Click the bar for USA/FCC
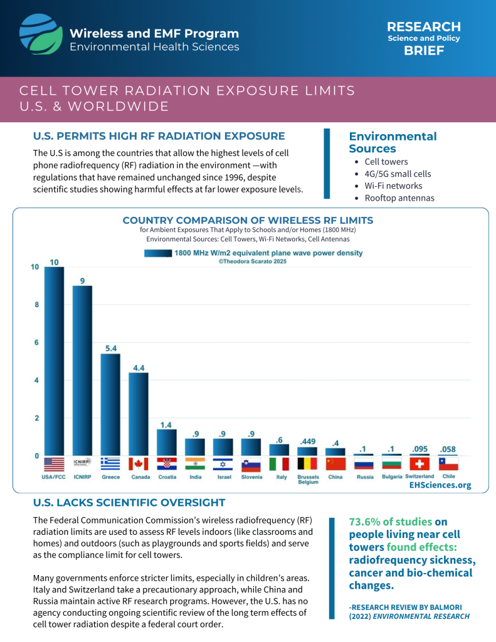[x=54, y=361]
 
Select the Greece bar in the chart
[x=110, y=404]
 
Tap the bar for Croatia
[x=167, y=443]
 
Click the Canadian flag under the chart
[x=139, y=464]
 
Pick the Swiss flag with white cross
[x=419, y=464]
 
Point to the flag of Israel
[x=223, y=464]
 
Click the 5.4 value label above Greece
[x=111, y=349]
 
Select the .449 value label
[x=308, y=441]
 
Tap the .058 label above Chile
[x=448, y=449]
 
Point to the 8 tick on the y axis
[x=37, y=305]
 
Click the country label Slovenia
[x=251, y=477]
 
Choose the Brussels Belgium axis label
[x=309, y=480]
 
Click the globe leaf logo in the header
[x=41, y=34]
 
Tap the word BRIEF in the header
[x=424, y=50]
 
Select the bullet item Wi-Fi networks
[x=393, y=186]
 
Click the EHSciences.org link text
[x=440, y=485]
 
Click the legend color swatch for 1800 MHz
[x=157, y=253]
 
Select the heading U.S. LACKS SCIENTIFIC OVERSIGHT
[x=129, y=502]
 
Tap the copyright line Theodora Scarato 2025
[x=252, y=261]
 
